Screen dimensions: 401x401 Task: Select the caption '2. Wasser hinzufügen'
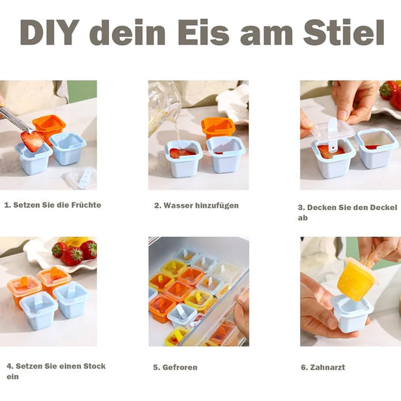[197, 205]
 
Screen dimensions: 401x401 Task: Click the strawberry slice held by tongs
[32, 140]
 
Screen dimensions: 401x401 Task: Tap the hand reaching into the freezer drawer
[241, 312]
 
